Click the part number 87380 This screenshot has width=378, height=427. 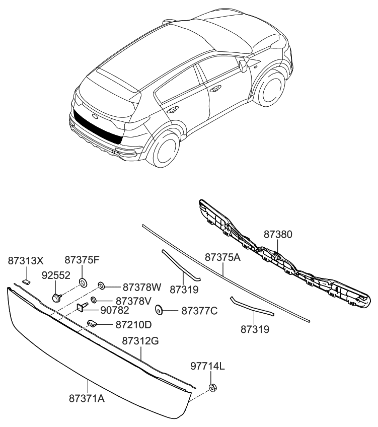point(278,235)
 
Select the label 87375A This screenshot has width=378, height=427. point(223,257)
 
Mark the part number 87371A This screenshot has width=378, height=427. point(87,398)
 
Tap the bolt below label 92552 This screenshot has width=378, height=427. point(56,297)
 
